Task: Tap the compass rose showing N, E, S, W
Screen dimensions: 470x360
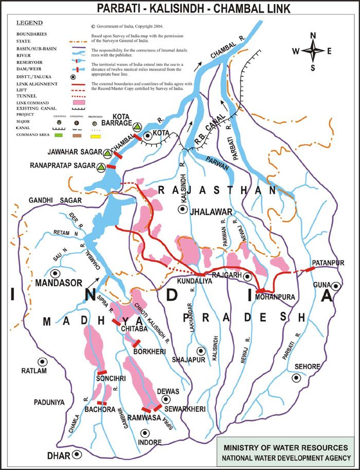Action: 313,51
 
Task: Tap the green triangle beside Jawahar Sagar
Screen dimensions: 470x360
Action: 106,153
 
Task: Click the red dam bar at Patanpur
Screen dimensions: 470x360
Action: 310,269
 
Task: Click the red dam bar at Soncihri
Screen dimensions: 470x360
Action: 102,372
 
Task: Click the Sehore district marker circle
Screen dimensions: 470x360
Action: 296,378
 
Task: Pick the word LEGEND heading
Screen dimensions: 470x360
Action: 30,24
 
